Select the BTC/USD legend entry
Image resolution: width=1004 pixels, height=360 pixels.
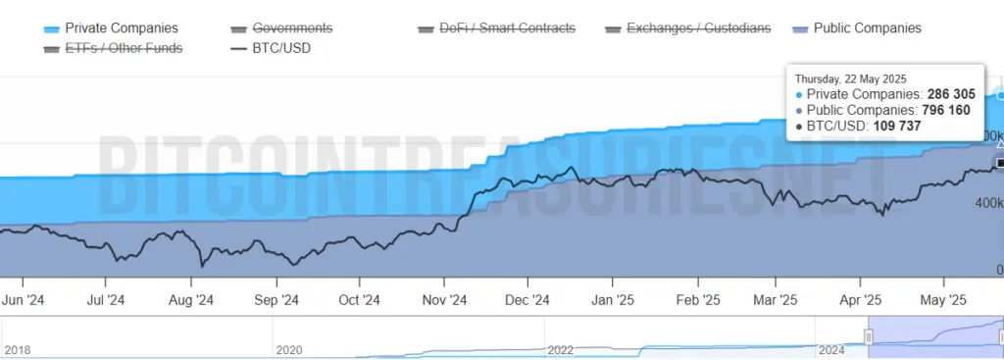pos(281,47)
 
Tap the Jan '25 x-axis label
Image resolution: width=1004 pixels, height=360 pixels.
pos(617,299)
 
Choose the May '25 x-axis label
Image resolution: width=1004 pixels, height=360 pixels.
pos(945,299)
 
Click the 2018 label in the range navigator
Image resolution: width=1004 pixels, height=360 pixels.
pos(18,349)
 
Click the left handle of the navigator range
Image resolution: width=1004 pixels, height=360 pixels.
pos(868,336)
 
